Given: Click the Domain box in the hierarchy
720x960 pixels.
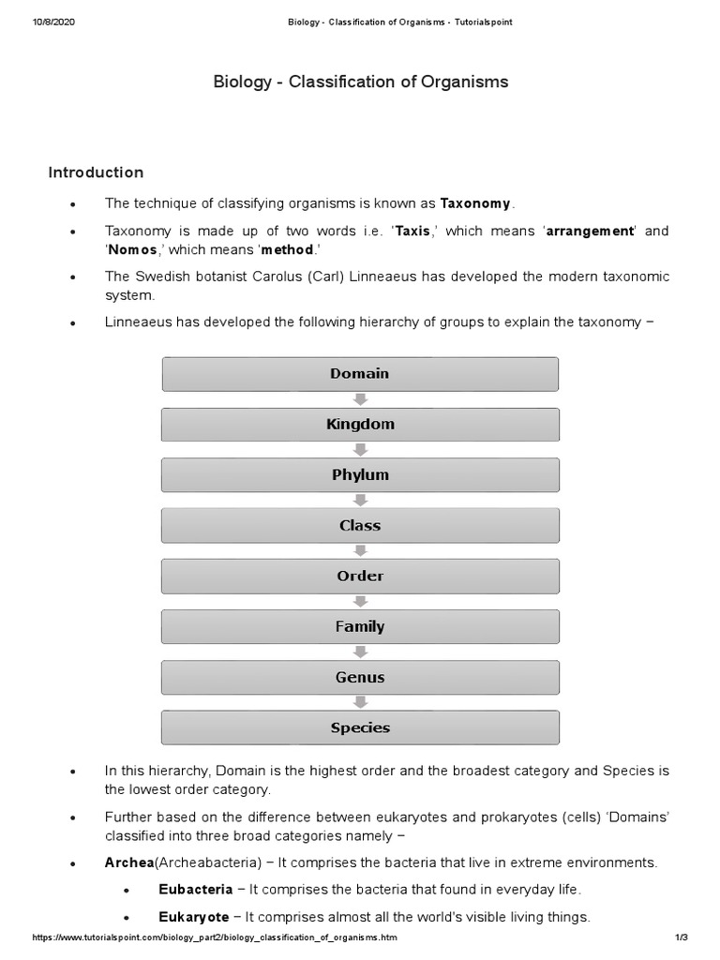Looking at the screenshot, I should click(360, 374).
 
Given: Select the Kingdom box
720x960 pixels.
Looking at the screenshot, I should click(360, 425).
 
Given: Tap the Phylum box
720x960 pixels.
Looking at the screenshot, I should click(360, 475).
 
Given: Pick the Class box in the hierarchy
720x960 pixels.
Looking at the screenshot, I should click(360, 526).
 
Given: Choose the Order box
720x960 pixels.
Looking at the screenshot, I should click(360, 577).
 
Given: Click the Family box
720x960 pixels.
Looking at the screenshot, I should click(360, 627).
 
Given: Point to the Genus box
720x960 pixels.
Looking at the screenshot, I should click(360, 678).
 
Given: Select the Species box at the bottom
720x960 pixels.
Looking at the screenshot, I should click(360, 728).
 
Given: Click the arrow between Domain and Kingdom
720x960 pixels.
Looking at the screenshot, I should click(361, 399).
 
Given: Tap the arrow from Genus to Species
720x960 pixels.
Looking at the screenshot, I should click(361, 703).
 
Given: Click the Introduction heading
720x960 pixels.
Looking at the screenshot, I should click(96, 172).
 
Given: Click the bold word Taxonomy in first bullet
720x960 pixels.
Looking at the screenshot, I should click(475, 203).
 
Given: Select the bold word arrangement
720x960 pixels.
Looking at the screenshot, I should click(590, 232).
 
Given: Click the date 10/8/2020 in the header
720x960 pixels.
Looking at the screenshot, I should click(53, 22).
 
